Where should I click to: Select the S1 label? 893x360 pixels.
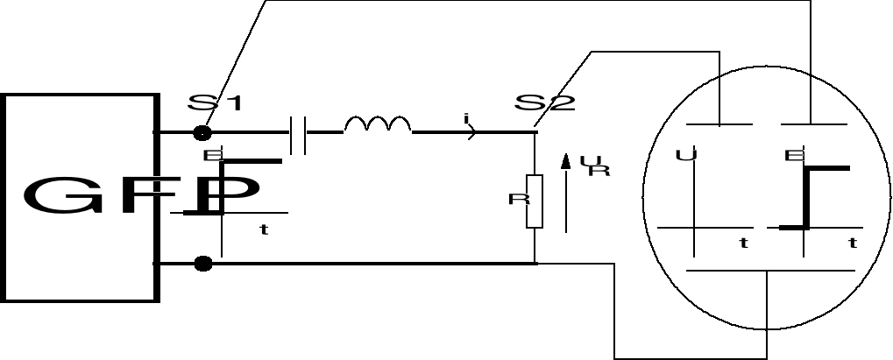click(x=215, y=103)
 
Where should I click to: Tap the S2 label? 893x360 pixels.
click(x=544, y=103)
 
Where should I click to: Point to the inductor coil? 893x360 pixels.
click(x=377, y=126)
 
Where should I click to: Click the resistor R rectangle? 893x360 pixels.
click(x=535, y=201)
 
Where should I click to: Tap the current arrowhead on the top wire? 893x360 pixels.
click(x=474, y=133)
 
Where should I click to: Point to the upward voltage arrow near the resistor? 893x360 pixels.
click(x=566, y=193)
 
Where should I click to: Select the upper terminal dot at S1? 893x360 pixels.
click(x=203, y=133)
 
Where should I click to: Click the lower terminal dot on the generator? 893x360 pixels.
click(x=203, y=263)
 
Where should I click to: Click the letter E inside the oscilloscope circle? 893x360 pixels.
click(x=793, y=157)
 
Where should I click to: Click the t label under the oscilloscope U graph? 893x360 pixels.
click(x=743, y=244)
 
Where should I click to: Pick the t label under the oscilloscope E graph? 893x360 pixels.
click(x=852, y=244)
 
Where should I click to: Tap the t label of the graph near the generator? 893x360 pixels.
click(x=263, y=230)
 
